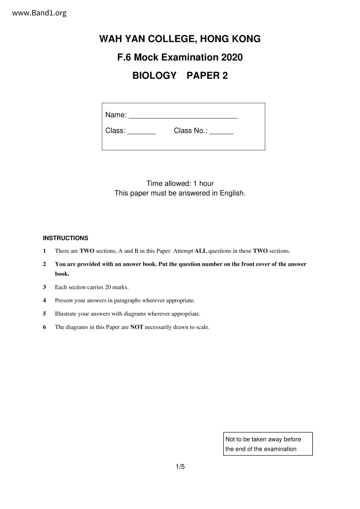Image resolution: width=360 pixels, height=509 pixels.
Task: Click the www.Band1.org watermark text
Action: coord(39,13)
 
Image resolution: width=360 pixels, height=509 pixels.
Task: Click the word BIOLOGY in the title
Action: coord(154,75)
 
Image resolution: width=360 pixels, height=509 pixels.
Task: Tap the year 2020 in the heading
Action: coord(232,57)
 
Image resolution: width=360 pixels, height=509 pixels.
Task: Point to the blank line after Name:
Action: coord(183,117)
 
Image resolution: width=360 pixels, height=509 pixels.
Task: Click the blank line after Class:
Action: coord(142,132)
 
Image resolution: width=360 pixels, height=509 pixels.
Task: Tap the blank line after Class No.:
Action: coord(221,132)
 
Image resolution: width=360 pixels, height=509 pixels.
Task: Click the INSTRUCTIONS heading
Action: coord(65,238)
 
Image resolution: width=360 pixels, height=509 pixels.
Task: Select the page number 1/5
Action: coord(180,467)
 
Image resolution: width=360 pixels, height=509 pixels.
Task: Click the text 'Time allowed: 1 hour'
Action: coord(180,183)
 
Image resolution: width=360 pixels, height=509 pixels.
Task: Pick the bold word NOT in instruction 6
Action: coord(136,327)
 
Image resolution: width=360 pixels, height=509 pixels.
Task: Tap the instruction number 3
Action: coord(44,287)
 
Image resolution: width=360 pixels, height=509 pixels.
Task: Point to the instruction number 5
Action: coord(44,314)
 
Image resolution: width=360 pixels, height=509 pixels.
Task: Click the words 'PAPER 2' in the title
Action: coord(207,75)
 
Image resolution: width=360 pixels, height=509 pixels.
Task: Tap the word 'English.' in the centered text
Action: coord(233,193)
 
